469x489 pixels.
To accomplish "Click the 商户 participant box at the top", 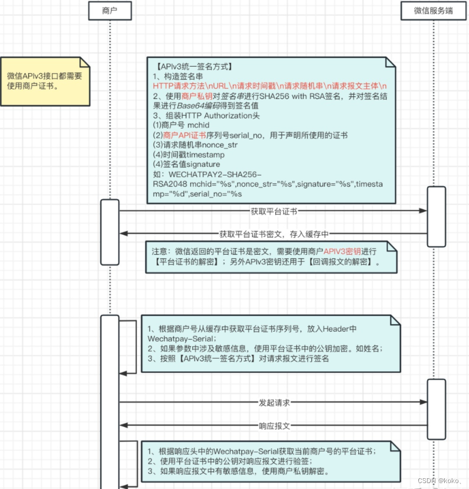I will pos(109,11).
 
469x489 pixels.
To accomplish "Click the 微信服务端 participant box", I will pos(433,11).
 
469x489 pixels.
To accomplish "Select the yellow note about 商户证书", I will pos(45,81).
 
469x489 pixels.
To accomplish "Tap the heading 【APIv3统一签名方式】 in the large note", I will pos(192,67).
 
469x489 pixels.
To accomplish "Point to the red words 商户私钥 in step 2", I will pos(197,96).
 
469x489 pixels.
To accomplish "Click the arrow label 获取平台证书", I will pos(274,211).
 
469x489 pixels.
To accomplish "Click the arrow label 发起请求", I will pos(275,402).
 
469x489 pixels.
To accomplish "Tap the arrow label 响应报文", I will pos(275,425).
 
